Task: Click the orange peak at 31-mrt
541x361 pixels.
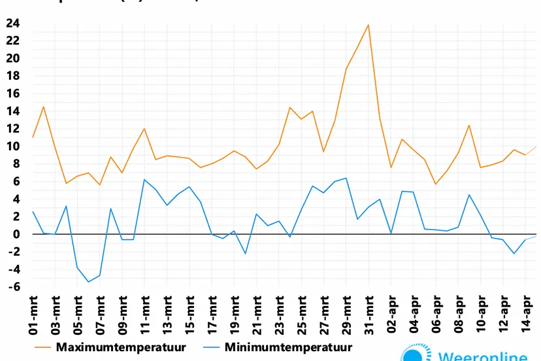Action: [369, 25]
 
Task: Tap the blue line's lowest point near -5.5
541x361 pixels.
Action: [88, 282]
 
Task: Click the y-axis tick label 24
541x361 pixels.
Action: [13, 23]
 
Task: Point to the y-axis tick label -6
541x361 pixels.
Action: [13, 286]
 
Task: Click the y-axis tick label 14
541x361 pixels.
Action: [13, 111]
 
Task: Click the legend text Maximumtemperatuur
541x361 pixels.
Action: [121, 347]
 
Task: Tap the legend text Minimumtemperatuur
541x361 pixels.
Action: [288, 347]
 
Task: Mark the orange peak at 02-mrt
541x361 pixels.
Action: [43, 107]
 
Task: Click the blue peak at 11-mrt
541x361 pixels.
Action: [144, 179]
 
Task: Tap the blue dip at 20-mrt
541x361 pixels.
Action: [245, 253]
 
